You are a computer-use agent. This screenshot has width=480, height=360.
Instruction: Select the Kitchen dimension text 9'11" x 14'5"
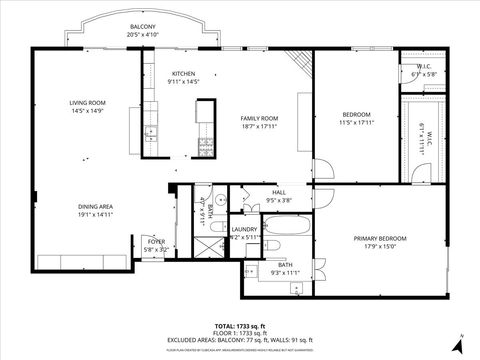(185, 82)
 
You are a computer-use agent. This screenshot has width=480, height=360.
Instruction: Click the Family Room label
(258, 118)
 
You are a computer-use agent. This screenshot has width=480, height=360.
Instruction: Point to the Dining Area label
(96, 207)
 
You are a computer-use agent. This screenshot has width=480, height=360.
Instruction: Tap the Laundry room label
(244, 229)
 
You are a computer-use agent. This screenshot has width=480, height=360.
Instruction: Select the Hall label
(279, 192)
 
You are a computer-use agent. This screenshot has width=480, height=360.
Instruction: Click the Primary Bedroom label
(375, 238)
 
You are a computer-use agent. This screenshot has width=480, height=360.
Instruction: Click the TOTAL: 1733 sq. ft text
(240, 326)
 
